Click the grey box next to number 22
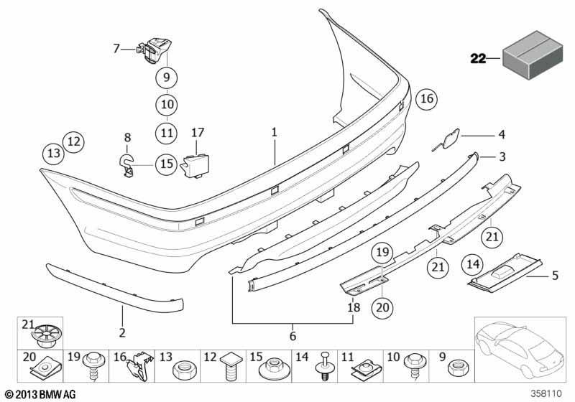tap(532, 56)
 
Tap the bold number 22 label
tap(478, 59)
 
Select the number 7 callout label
tap(116, 48)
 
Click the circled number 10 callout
tap(167, 105)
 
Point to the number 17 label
tap(197, 132)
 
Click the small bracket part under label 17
tap(195, 166)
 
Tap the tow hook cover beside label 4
tap(447, 139)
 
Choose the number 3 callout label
tap(502, 156)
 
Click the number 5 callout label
tap(554, 276)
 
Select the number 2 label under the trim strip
tap(122, 332)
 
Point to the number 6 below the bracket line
tap(293, 336)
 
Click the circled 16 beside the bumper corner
tap(427, 99)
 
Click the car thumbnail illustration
tap(520, 349)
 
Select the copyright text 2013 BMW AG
tap(41, 394)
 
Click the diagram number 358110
tap(546, 393)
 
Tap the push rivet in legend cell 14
tap(324, 366)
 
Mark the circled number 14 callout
tap(473, 263)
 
